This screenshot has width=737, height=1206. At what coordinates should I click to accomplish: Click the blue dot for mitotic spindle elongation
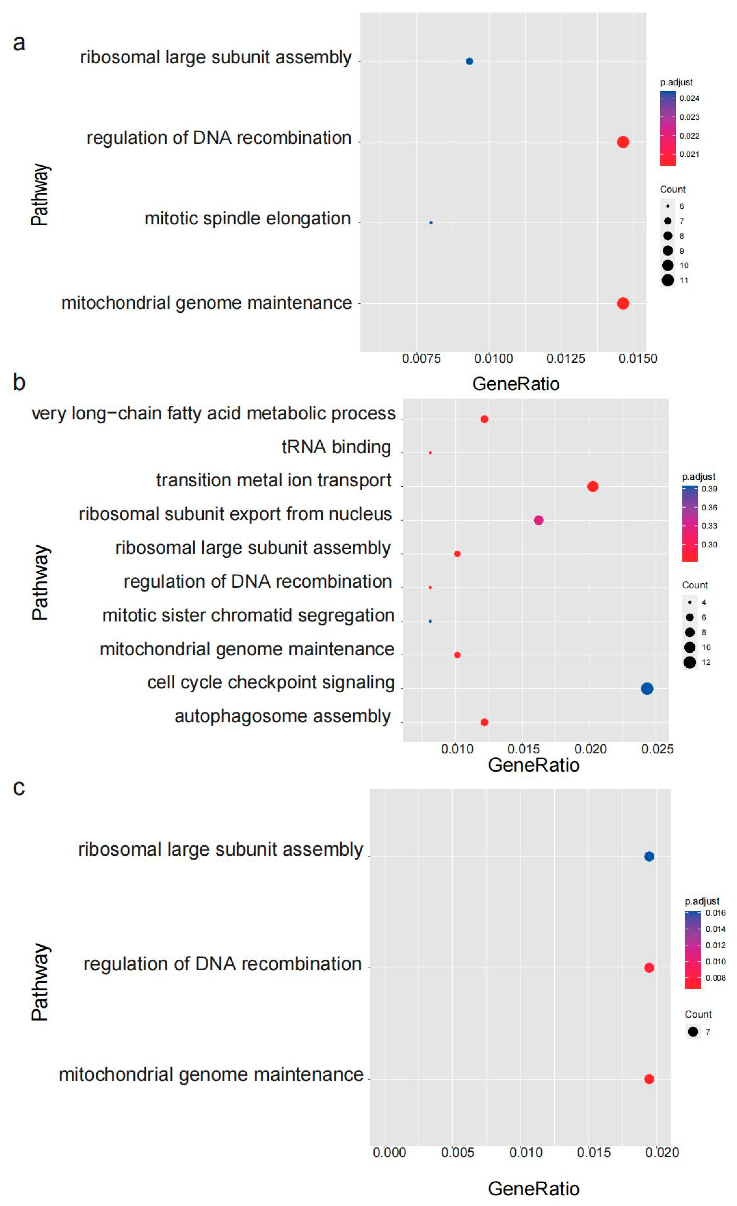click(431, 223)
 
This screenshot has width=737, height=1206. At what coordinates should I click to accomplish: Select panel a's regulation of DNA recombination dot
click(623, 142)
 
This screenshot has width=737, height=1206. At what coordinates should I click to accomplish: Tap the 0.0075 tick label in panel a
click(421, 359)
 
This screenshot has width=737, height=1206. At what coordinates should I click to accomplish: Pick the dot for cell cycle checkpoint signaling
click(646, 689)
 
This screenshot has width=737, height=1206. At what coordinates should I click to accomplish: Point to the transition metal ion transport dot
click(592, 487)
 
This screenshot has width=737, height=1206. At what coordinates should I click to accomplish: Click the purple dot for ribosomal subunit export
click(538, 520)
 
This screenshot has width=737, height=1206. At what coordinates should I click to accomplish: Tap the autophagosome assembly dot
click(484, 722)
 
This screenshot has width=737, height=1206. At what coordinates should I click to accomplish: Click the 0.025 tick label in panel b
click(657, 749)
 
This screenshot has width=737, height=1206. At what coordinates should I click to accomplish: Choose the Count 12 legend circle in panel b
click(690, 663)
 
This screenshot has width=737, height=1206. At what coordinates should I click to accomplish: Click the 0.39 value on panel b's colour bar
click(709, 489)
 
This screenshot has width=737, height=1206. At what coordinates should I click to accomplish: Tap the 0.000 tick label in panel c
click(389, 1153)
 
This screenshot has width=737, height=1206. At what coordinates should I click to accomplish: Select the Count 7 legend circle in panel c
click(693, 1032)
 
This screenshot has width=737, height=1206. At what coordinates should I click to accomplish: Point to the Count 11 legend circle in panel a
click(668, 281)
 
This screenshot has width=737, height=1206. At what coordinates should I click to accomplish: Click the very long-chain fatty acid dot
click(484, 419)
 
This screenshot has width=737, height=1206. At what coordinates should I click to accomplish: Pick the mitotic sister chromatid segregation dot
click(430, 621)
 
